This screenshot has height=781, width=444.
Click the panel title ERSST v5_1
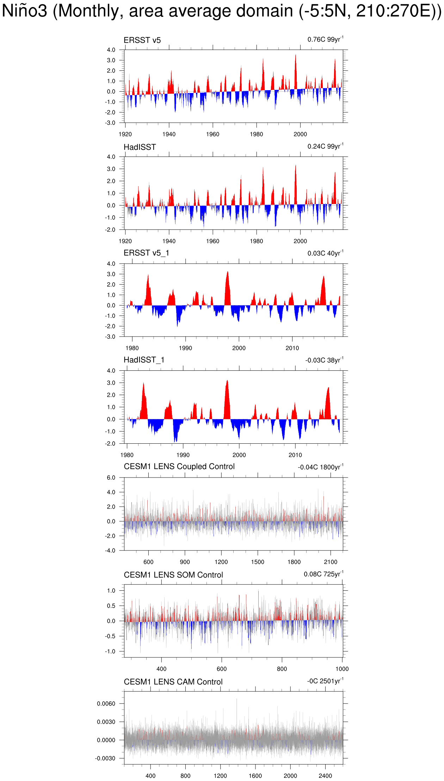coord(146,253)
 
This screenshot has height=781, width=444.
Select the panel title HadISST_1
coord(144,360)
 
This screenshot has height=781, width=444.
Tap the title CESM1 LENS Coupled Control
coord(179,467)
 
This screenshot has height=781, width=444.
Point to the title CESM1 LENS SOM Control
coord(173,575)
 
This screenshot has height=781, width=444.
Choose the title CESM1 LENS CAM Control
coord(173,682)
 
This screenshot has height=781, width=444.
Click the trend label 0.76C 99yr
coord(325,39)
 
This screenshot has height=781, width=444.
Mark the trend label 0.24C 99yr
coord(325,146)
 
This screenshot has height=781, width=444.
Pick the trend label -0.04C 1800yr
coord(320,467)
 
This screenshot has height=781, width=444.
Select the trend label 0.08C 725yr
coord(323,574)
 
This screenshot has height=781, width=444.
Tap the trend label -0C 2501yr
coord(325,681)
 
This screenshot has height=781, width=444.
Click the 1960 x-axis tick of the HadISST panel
coord(212,241)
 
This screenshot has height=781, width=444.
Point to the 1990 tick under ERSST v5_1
coord(185,348)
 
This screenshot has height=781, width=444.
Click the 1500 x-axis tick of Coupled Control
coord(258,562)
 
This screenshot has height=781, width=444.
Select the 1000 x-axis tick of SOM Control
coord(342,669)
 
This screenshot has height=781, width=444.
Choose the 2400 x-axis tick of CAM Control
coord(325,776)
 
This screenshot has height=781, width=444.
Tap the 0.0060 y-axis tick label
coord(106,704)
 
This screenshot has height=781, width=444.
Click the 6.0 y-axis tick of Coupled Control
coord(111,478)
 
